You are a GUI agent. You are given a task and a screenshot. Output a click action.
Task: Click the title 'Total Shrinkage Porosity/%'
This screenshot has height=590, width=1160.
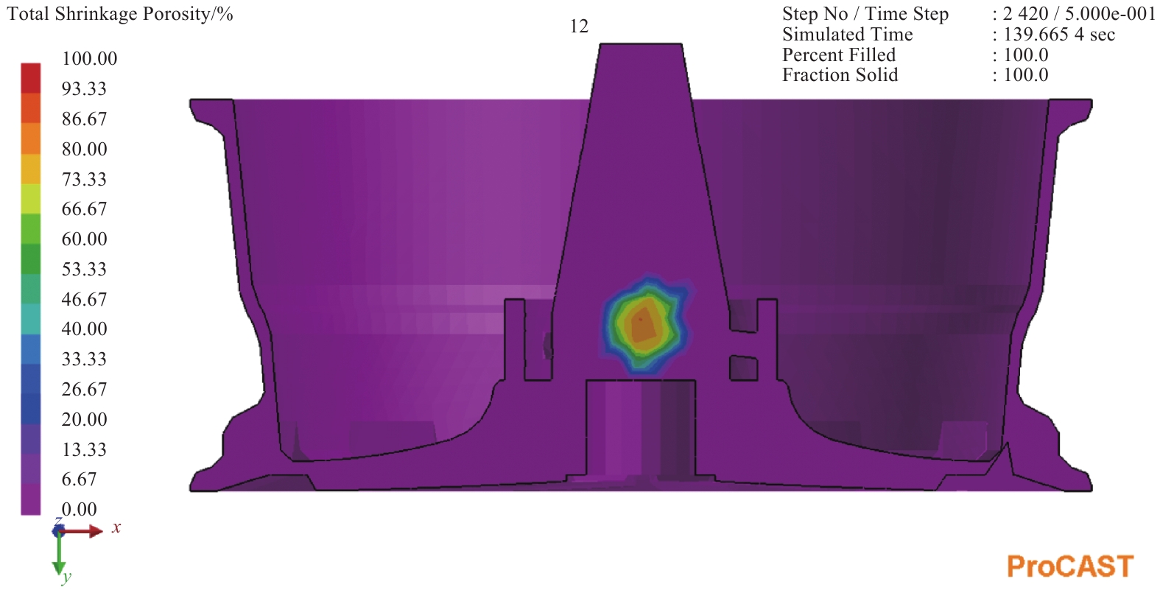coord(120,14)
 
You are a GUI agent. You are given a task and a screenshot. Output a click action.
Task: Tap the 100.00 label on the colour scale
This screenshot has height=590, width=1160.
coord(90,58)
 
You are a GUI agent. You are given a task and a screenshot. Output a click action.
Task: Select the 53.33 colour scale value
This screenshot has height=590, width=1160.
coord(84,269)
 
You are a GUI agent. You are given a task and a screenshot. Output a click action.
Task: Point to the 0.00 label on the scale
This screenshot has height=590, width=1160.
coord(80,509)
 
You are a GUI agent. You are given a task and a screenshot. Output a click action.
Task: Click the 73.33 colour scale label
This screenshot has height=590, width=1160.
coord(84,179)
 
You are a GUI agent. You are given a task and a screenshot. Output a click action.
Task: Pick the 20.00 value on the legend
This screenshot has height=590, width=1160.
coord(84,418)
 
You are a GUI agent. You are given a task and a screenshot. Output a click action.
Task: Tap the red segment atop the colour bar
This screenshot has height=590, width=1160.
coord(30,77)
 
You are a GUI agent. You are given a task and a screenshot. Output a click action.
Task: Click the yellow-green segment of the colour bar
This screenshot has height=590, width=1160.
coord(30,198)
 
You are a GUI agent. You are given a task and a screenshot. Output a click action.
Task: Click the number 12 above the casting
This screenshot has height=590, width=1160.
coord(579,27)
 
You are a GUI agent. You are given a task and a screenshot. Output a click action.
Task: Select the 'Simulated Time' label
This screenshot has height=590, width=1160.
coord(847,34)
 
